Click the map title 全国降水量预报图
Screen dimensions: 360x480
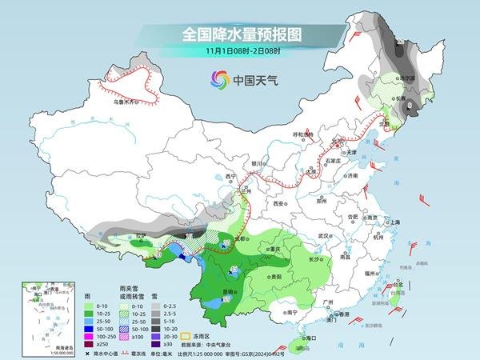(239, 34)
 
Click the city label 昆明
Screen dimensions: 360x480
(230, 291)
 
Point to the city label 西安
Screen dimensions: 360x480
(278, 204)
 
